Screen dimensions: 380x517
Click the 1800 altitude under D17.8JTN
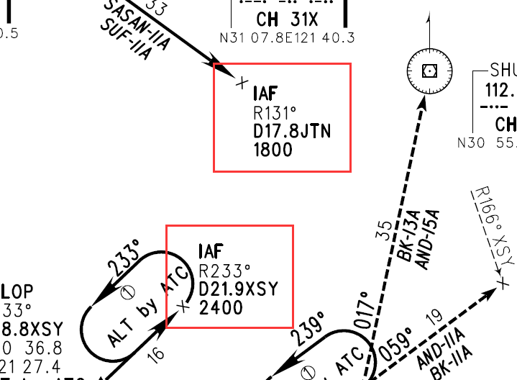[273, 150]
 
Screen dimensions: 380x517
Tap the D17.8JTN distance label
[291, 131]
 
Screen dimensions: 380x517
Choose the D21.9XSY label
[237, 289]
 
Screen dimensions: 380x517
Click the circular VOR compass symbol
[429, 70]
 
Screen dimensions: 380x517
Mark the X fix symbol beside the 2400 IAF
[183, 307]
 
